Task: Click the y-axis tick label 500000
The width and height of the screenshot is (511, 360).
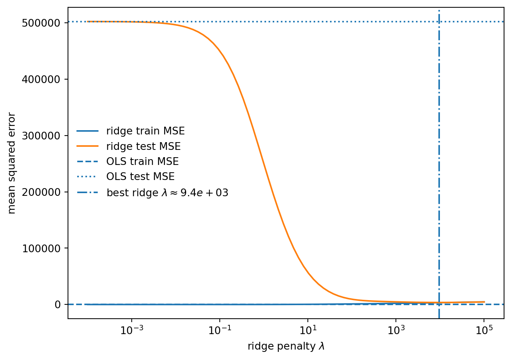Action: (x=41, y=23)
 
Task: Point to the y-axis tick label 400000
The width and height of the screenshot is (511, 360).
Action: (x=41, y=80)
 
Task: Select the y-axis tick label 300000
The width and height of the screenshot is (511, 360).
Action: (x=41, y=136)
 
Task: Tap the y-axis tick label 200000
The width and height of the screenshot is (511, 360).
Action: (x=41, y=192)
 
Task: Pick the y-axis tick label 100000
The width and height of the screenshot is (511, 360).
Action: (x=41, y=248)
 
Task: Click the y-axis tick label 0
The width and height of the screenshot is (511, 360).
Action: (x=58, y=305)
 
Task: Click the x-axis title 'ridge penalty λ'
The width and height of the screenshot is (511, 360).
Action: (x=286, y=346)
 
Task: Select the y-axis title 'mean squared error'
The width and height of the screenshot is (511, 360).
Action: (x=12, y=163)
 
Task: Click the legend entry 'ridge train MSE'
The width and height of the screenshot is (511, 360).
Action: (x=146, y=131)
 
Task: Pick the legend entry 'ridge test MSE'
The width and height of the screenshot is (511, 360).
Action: (x=143, y=146)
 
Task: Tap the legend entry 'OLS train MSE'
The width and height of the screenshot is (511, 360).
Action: (x=143, y=161)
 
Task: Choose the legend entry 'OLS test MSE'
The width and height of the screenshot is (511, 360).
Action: (x=141, y=177)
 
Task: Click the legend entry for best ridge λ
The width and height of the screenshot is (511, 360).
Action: (x=167, y=193)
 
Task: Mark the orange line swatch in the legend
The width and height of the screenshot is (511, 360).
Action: (x=88, y=146)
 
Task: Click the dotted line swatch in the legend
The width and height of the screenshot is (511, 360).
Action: (x=88, y=177)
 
